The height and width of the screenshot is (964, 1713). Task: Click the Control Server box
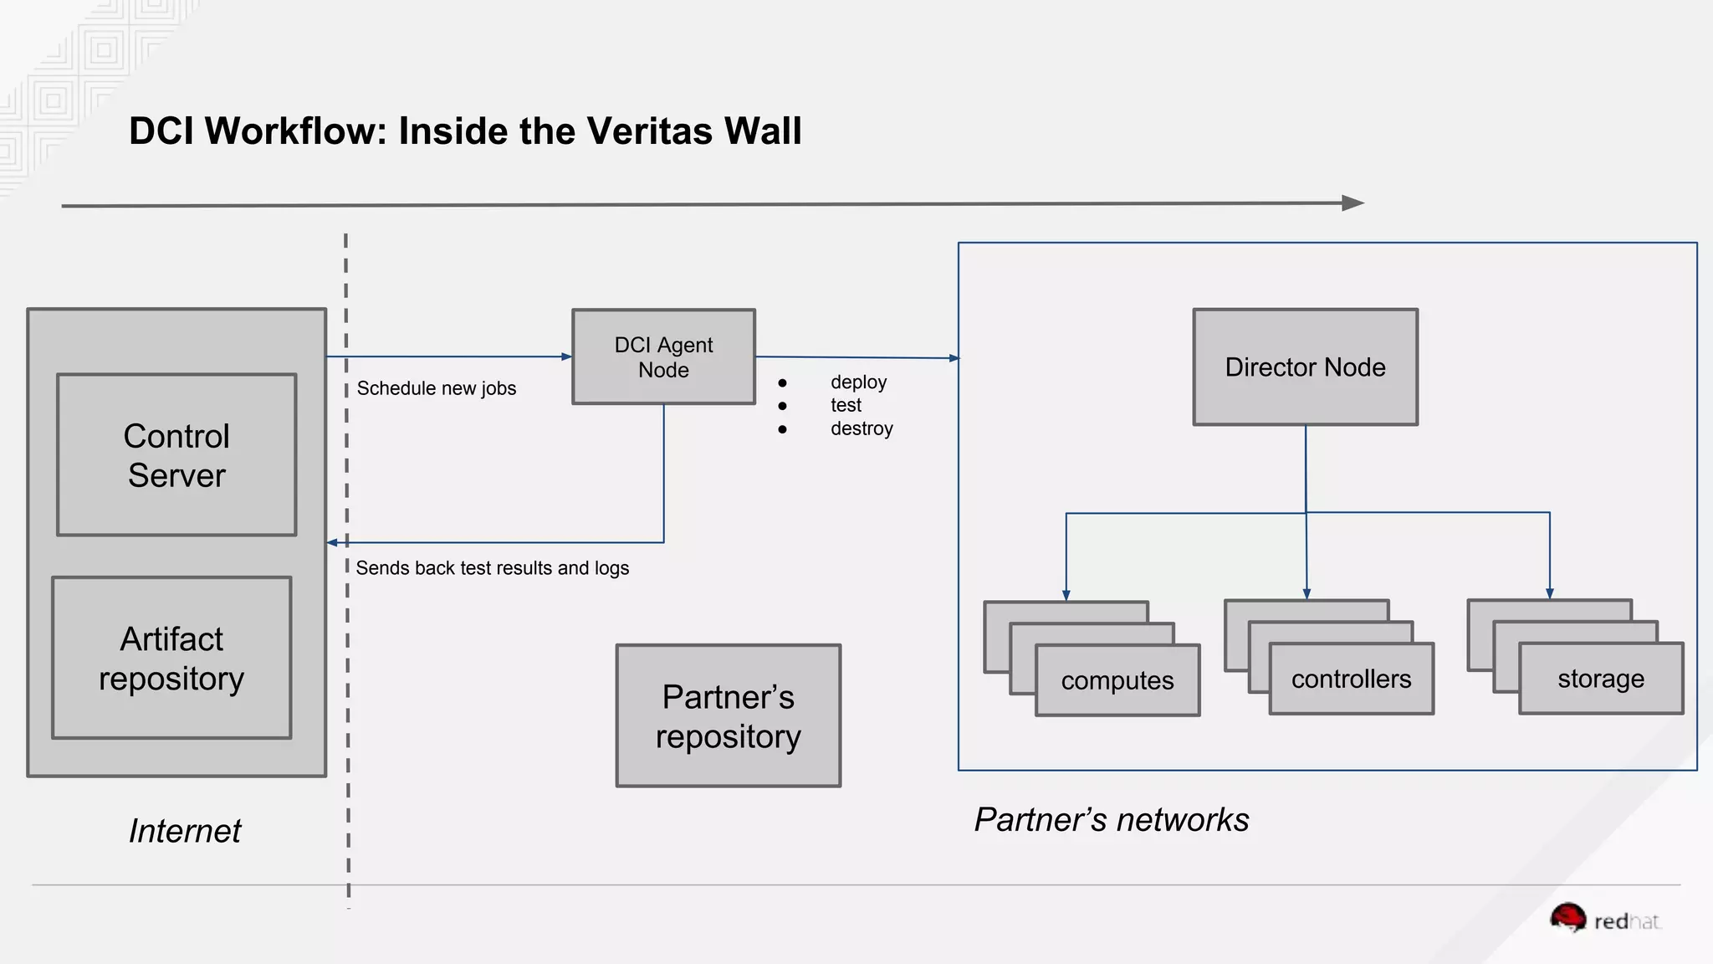coord(176,454)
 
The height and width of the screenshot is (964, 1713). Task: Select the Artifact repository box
coord(171,658)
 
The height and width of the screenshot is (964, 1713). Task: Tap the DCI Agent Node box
coord(663,357)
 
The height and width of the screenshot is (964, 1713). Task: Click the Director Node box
coord(1305,367)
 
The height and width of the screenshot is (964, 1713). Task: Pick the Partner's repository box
coord(728,715)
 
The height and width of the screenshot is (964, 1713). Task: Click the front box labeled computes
coord(1117,680)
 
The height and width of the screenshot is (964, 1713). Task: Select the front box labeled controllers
coord(1351,679)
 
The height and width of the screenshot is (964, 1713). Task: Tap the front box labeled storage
coord(1600,679)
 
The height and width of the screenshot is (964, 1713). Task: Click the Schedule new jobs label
coord(436,388)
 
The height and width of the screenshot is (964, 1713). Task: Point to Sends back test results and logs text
coord(492,568)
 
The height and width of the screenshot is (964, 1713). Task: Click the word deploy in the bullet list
coord(858,382)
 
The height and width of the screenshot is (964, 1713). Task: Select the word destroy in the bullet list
coord(862,428)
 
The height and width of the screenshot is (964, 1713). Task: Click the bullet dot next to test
coord(782,406)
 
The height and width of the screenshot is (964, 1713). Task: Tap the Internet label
coord(185,831)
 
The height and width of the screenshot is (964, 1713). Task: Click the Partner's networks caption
coord(1111,820)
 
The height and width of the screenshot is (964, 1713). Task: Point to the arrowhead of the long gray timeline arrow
coord(1352,203)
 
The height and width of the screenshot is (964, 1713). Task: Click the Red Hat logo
coord(1603,920)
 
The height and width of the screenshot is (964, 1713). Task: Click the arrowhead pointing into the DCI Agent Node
coord(566,356)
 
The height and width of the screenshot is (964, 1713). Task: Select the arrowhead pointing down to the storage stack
coord(1549,593)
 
